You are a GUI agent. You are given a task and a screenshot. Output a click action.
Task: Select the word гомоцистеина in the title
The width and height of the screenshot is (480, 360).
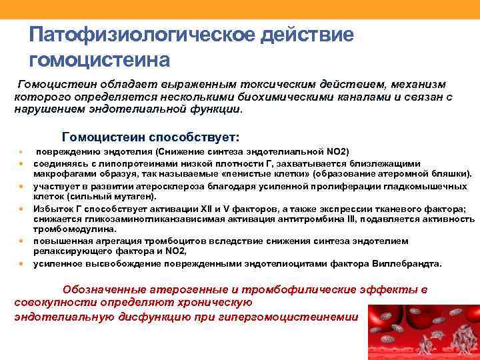100,60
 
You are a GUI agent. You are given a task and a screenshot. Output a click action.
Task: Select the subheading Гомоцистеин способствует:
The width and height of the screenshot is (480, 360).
150,137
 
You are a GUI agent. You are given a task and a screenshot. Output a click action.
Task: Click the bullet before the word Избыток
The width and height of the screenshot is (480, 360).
21,209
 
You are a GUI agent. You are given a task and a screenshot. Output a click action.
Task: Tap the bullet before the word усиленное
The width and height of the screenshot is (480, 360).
21,264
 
